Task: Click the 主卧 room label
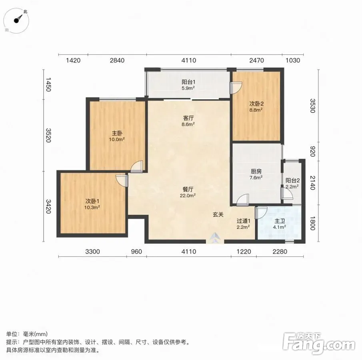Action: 117,133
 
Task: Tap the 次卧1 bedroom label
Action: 92,201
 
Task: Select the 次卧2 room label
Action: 256,104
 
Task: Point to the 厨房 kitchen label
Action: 256,172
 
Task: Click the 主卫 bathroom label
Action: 280,221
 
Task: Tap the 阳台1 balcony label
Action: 188,82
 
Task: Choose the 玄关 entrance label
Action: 218,214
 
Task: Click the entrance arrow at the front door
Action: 215,238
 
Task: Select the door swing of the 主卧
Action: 136,166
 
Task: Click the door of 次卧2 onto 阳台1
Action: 236,88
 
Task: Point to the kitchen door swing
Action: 243,200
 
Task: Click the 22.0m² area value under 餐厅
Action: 188,195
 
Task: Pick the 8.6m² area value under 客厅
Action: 188,124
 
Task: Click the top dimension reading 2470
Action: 256,60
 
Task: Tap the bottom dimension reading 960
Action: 136,252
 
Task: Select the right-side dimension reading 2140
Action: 312,183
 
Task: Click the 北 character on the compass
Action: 25,11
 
